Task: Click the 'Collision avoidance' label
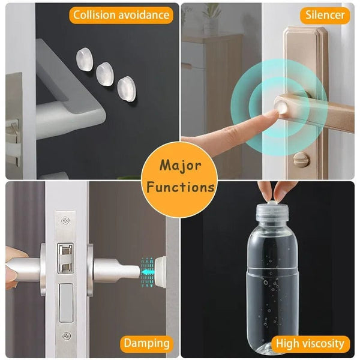click(x=121, y=14)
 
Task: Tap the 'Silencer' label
click(x=324, y=14)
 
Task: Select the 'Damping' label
click(x=146, y=344)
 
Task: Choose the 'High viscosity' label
click(x=310, y=344)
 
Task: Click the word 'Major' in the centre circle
click(x=180, y=165)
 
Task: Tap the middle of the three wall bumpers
click(x=106, y=73)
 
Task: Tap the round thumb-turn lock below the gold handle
click(x=299, y=160)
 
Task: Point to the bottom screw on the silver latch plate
click(x=66, y=335)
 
